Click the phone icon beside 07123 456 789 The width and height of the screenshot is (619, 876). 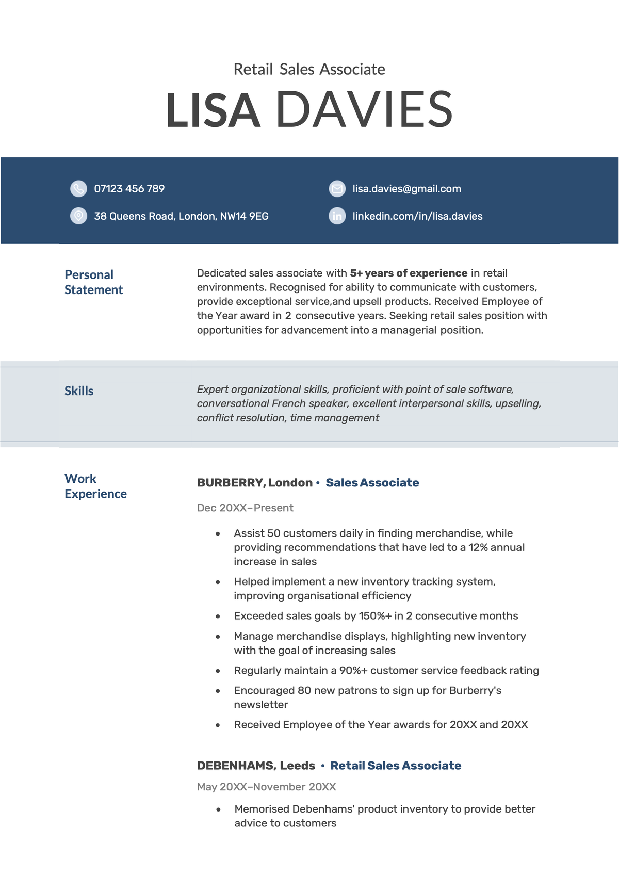(x=78, y=189)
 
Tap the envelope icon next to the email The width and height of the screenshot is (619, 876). (x=337, y=189)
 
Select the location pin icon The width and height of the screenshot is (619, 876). (x=78, y=216)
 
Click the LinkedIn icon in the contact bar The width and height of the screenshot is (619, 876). (x=337, y=216)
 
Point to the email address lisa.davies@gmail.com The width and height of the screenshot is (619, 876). (x=406, y=189)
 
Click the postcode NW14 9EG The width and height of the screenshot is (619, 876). (x=244, y=216)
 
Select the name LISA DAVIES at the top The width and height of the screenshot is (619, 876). (x=309, y=110)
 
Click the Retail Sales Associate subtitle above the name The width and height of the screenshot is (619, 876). (x=309, y=69)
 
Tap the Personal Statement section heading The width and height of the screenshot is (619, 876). (x=93, y=282)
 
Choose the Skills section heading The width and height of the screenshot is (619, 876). (x=79, y=391)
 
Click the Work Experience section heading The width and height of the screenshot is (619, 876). (x=95, y=486)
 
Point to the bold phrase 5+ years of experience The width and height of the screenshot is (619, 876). (x=409, y=273)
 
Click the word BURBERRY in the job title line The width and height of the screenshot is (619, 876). (x=231, y=483)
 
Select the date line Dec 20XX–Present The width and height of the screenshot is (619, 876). (x=245, y=508)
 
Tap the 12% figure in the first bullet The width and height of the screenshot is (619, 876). (x=478, y=547)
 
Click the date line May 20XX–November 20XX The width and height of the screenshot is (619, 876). (x=266, y=787)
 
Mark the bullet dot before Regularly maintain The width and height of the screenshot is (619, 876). (x=218, y=671)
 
